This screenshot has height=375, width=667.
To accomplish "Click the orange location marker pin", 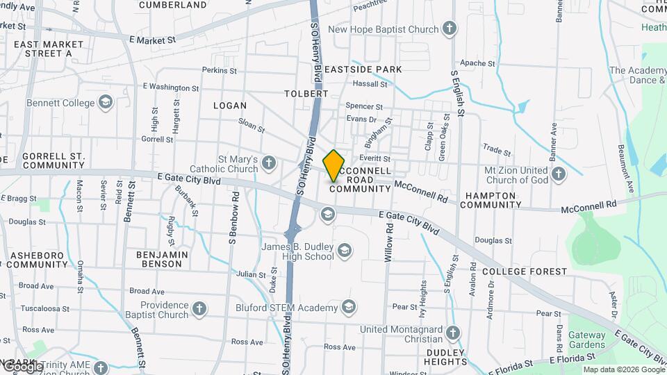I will click(x=334, y=165).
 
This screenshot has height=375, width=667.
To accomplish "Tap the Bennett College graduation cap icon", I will click(x=106, y=103).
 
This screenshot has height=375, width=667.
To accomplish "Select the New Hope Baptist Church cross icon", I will click(x=450, y=29).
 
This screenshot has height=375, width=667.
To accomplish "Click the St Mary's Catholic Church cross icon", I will click(x=269, y=163).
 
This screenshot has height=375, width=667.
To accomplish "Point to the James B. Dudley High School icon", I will click(x=344, y=250).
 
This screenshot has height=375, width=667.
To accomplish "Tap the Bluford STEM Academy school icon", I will click(x=348, y=306).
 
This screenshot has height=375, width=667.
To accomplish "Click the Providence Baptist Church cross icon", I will click(x=199, y=309).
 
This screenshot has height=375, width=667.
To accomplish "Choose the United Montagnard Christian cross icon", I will click(x=454, y=333).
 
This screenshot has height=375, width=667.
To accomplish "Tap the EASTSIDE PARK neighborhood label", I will click(x=363, y=69).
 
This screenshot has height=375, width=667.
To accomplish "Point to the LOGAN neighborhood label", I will click(x=230, y=106).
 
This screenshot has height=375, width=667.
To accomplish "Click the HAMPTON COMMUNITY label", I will click(x=490, y=200).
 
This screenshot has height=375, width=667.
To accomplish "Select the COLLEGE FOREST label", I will click(x=525, y=272).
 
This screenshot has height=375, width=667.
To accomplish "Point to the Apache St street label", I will click(x=477, y=63).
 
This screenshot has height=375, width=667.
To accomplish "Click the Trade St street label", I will click(x=497, y=151).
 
